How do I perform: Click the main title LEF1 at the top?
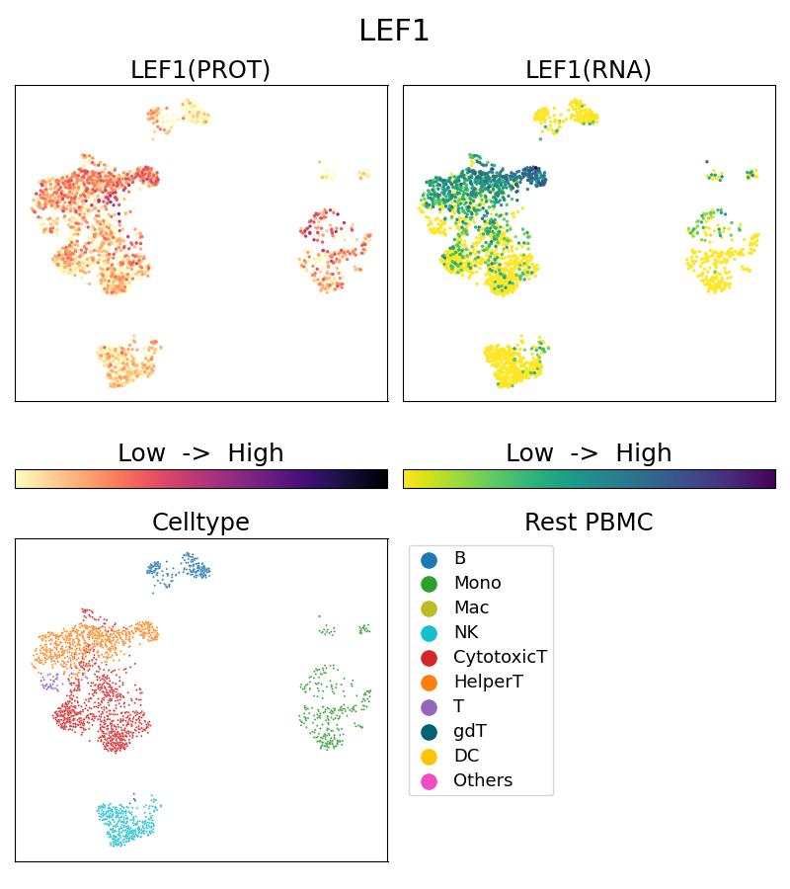tap(394, 31)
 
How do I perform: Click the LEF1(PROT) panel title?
tap(200, 70)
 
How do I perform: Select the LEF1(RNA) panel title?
tap(589, 70)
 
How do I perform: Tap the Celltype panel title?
tap(200, 523)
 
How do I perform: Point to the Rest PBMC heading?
tap(589, 523)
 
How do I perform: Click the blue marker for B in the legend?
tap(429, 559)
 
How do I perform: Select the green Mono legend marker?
tap(429, 584)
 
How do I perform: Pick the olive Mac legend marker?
tap(429, 608)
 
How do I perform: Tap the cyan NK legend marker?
tap(429, 633)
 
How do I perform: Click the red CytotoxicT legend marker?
tap(429, 658)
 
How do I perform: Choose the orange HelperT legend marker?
tap(429, 683)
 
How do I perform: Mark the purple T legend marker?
tap(429, 707)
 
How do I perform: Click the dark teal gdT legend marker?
tap(429, 732)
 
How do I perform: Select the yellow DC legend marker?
tap(429, 757)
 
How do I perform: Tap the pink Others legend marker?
tap(429, 781)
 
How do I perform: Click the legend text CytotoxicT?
tap(500, 658)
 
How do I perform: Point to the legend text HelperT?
tap(488, 683)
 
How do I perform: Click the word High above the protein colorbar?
tap(255, 453)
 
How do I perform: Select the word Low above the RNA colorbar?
tap(529, 453)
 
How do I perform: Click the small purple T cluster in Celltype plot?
tap(48, 681)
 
